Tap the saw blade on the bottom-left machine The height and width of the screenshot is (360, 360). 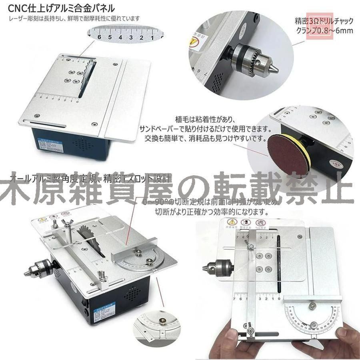coord(88,236)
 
